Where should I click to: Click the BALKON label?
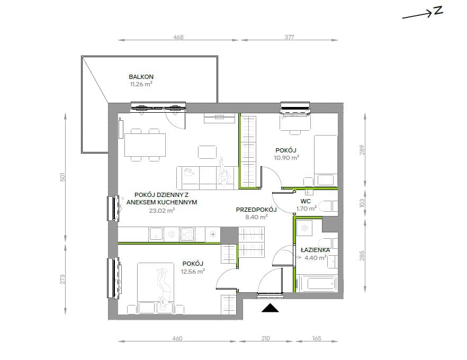pyautogui.click(x=141, y=77)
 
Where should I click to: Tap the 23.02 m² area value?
pyautogui.click(x=161, y=211)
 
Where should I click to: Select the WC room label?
pyautogui.click(x=306, y=201)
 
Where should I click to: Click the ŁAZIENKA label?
pyautogui.click(x=315, y=250)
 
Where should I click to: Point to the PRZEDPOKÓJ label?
pyautogui.click(x=256, y=210)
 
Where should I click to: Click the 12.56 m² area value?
pyautogui.click(x=193, y=271)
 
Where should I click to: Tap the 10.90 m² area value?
pyautogui.click(x=286, y=158)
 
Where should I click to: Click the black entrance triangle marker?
pyautogui.click(x=270, y=308)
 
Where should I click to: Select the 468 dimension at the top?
pyautogui.click(x=178, y=37)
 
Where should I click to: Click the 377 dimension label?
pyautogui.click(x=289, y=37)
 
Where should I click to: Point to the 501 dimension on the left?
pyautogui.click(x=62, y=177)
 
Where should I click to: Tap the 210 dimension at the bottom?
pyautogui.click(x=265, y=338)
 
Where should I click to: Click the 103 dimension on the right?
pyautogui.click(x=362, y=203)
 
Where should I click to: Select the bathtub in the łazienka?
pyautogui.click(x=318, y=283)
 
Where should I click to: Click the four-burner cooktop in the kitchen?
pyautogui.click(x=187, y=234)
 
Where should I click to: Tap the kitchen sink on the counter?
pyautogui.click(x=156, y=234)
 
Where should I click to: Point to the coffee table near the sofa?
pyautogui.click(x=208, y=152)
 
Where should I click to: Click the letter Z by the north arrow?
pyautogui.click(x=438, y=11)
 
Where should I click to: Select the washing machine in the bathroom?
pyautogui.click(x=304, y=228)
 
